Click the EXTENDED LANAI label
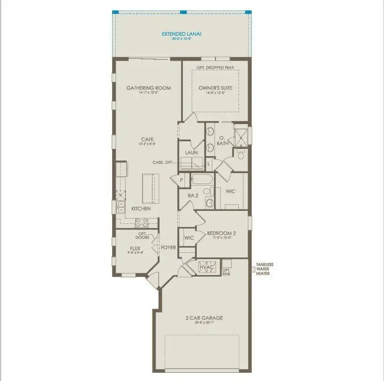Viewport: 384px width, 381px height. (x=181, y=34)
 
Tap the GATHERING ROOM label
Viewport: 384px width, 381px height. (x=148, y=88)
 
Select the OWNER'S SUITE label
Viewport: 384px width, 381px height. (x=215, y=88)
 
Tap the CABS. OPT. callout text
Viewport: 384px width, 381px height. (x=164, y=163)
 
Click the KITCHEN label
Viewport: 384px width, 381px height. (x=141, y=208)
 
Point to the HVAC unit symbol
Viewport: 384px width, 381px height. (x=207, y=267)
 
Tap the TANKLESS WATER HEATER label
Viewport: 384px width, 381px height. (x=263, y=269)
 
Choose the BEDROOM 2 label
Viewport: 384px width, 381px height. (x=221, y=234)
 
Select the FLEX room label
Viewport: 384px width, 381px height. (x=135, y=249)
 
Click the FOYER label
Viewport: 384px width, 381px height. (x=168, y=248)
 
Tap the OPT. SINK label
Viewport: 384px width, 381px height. (x=226, y=272)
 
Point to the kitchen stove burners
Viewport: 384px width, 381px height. (x=141, y=223)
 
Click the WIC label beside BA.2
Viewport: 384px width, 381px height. (x=230, y=191)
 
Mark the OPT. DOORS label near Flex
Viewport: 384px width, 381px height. (x=143, y=235)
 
